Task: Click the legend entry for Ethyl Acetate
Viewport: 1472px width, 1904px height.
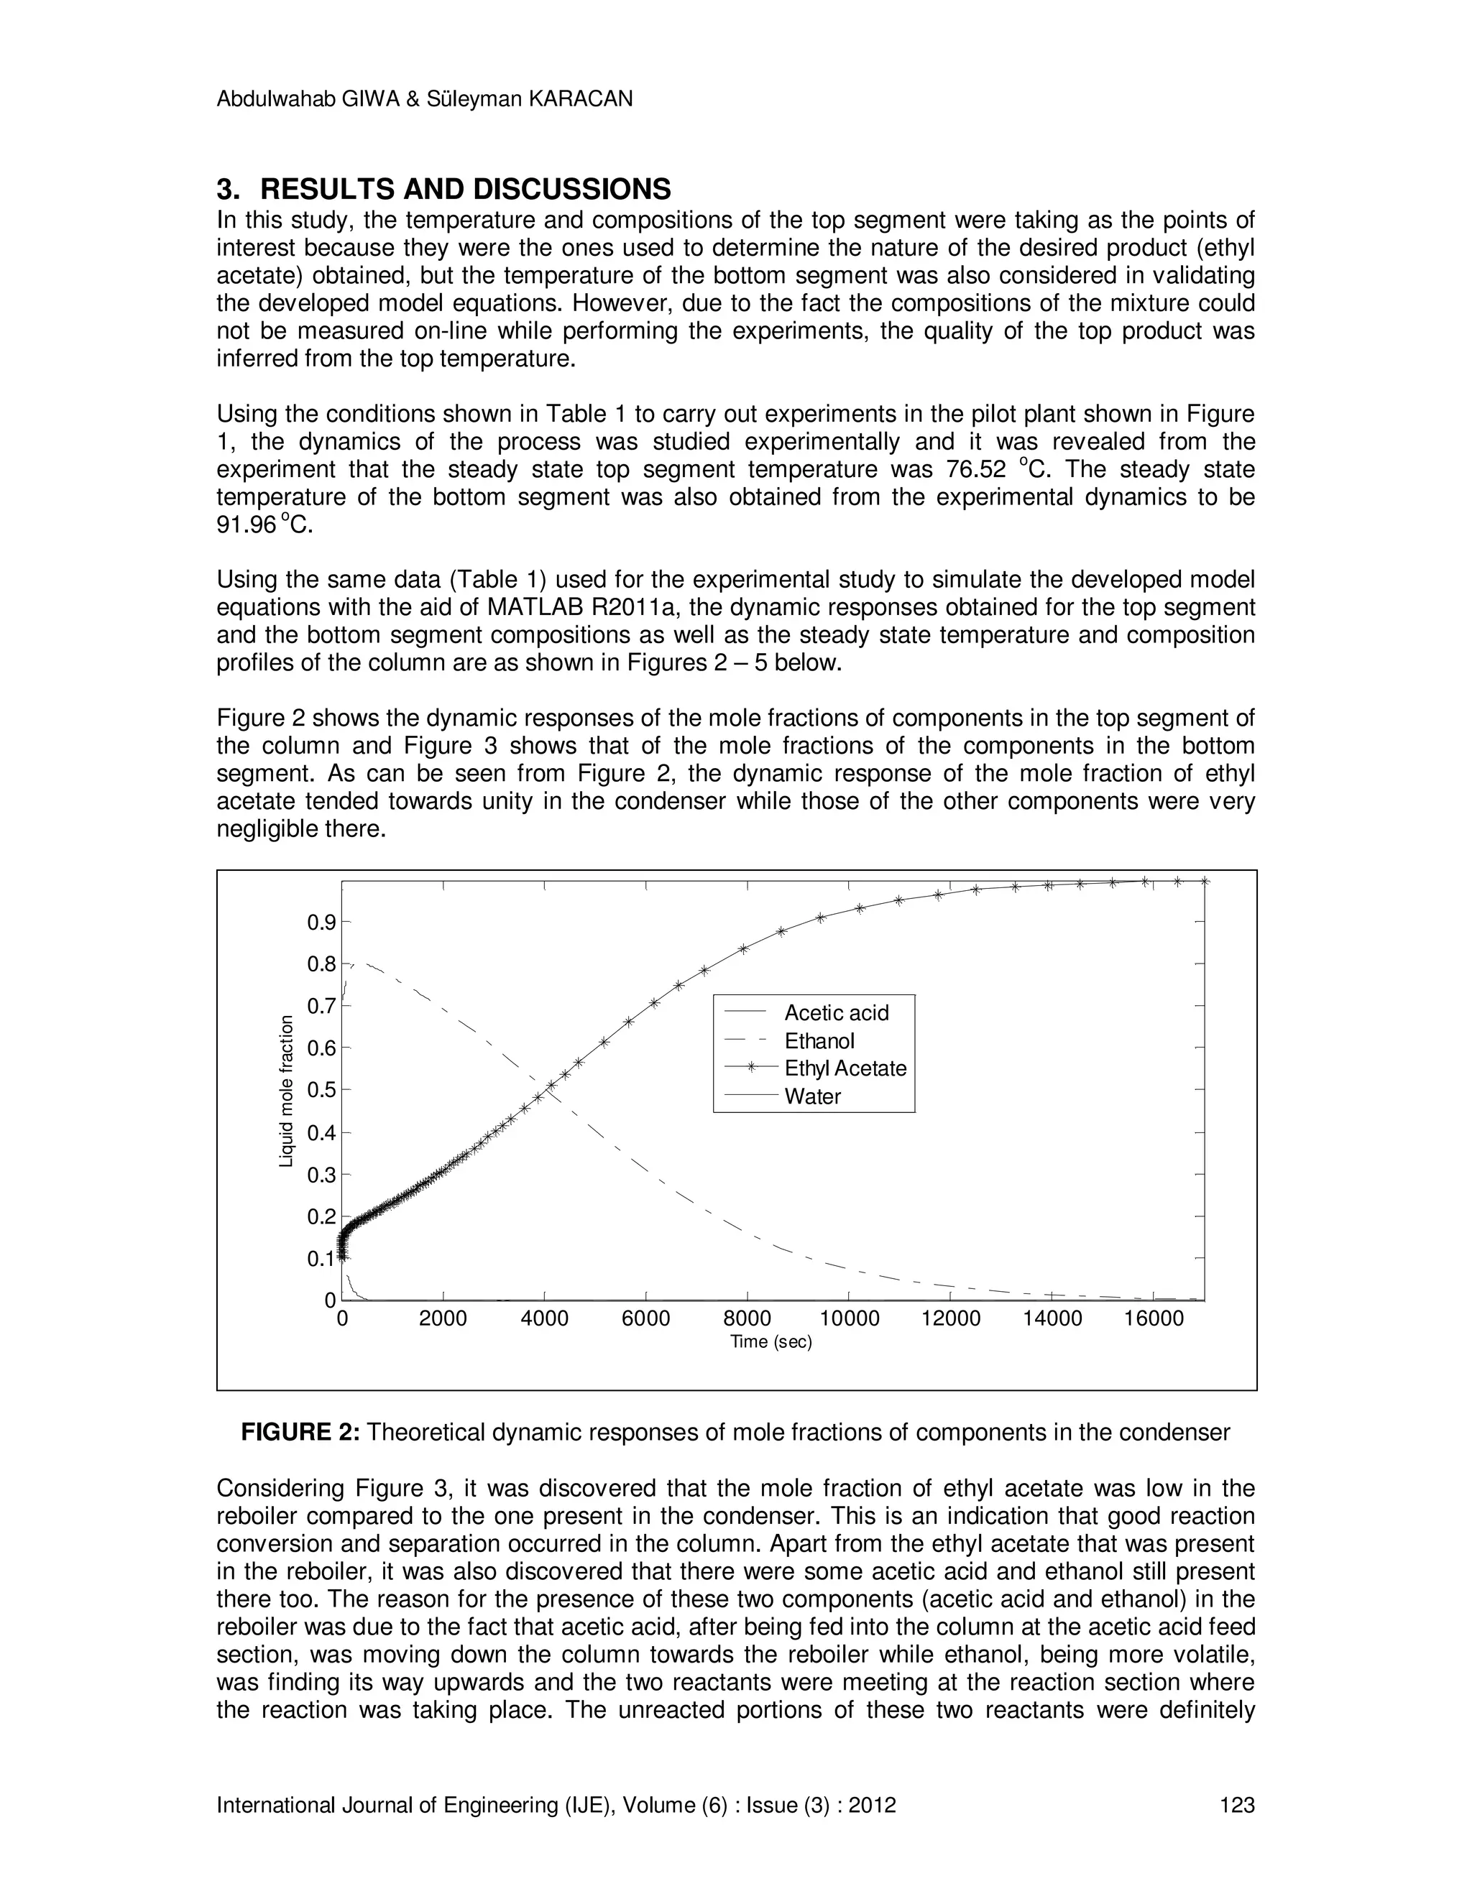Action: point(844,1069)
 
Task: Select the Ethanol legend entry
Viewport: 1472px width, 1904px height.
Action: point(819,1041)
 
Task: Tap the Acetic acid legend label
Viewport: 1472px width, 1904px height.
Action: point(835,1013)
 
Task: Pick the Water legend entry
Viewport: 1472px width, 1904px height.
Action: point(812,1096)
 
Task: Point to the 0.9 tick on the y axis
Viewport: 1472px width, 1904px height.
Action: point(321,923)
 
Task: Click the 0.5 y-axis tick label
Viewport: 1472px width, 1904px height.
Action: point(321,1090)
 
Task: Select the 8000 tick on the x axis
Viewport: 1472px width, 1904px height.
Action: point(747,1319)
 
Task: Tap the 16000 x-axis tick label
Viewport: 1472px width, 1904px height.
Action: point(1154,1319)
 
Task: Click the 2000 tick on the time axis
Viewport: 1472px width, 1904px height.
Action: point(443,1319)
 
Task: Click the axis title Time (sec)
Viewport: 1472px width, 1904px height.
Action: point(771,1341)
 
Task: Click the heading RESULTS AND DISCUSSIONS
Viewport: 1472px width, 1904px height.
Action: point(465,189)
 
